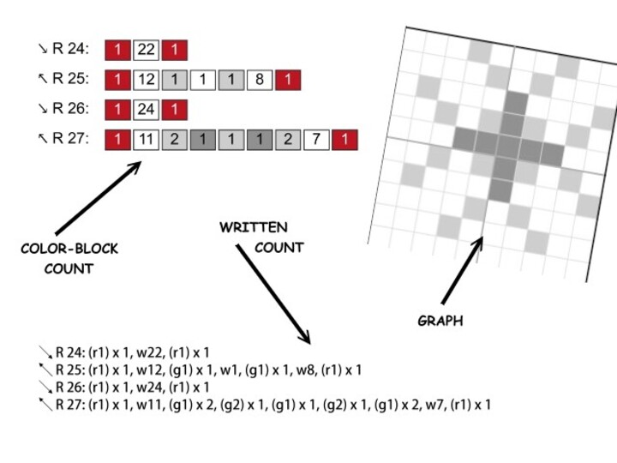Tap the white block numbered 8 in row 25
(x=259, y=81)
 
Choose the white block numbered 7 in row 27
(x=316, y=139)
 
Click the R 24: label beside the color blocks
(x=69, y=50)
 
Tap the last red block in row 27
(x=344, y=139)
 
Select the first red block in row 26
(x=117, y=110)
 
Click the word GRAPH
(x=440, y=321)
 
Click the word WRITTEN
(x=254, y=228)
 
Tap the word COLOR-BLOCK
(x=69, y=250)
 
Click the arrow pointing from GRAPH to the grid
(x=462, y=270)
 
